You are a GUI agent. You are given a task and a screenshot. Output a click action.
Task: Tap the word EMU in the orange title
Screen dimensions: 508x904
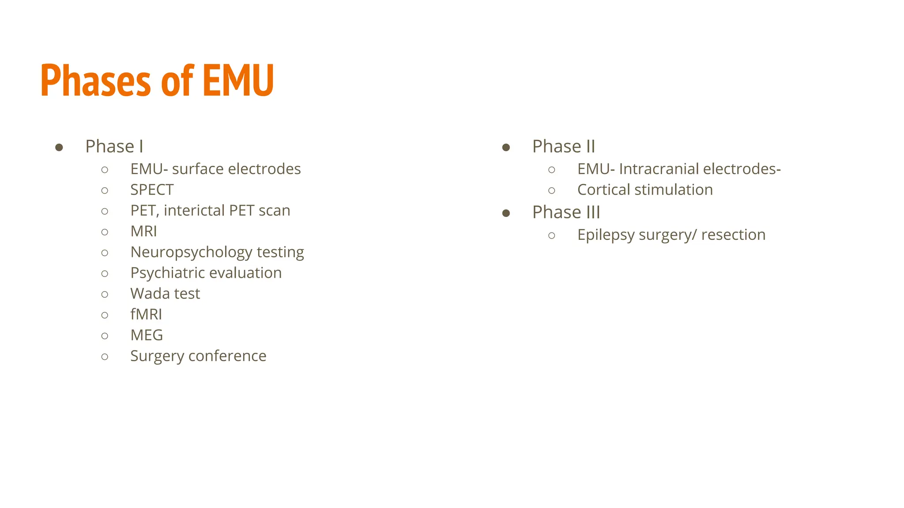238,80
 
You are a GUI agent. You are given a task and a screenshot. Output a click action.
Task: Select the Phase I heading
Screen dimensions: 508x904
114,146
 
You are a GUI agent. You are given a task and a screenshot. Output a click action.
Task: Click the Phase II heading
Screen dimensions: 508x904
564,146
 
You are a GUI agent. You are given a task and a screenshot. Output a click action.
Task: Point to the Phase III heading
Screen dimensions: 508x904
566,212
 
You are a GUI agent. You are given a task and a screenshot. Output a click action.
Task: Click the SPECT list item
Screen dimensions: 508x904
152,190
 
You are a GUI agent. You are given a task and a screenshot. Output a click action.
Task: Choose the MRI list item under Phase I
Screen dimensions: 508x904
143,231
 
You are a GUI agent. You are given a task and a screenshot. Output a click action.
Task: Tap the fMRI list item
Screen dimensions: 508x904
146,314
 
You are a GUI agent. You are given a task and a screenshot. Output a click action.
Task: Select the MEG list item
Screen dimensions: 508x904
147,335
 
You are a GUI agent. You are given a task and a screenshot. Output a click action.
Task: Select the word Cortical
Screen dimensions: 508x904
603,190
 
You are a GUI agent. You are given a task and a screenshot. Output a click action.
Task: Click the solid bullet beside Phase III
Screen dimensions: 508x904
506,213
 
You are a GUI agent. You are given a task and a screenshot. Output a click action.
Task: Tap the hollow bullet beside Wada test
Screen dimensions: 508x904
105,295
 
